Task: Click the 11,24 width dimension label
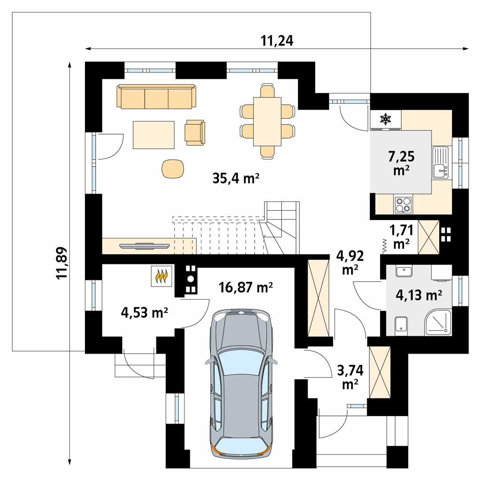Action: [x=277, y=41]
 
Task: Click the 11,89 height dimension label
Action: [x=62, y=263]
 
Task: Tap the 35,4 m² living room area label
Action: [x=236, y=179]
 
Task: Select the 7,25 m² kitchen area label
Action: [x=401, y=163]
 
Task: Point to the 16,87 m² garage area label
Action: [x=246, y=288]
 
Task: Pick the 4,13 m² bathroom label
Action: [x=418, y=294]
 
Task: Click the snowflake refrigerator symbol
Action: [x=385, y=118]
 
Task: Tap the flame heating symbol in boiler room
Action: [x=161, y=277]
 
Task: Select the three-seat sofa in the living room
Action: [x=156, y=96]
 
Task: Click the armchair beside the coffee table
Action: [x=196, y=132]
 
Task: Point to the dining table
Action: [x=267, y=121]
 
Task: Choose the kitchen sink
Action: [x=441, y=163]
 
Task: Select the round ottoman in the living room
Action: [x=172, y=168]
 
